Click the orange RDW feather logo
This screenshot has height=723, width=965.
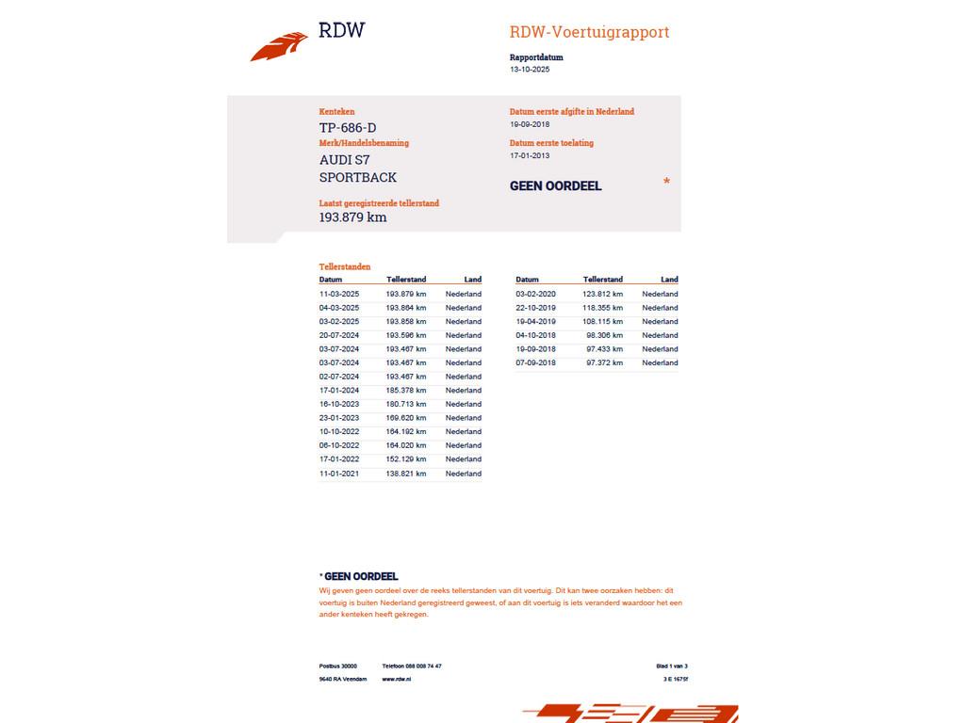pyautogui.click(x=279, y=46)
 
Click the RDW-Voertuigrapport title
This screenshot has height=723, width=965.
pyautogui.click(x=589, y=32)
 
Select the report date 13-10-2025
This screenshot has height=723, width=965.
pyautogui.click(x=530, y=70)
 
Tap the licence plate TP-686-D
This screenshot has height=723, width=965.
pyautogui.click(x=348, y=128)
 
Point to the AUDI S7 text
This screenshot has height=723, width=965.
pyautogui.click(x=345, y=160)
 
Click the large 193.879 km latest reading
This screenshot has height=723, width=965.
pyautogui.click(x=352, y=217)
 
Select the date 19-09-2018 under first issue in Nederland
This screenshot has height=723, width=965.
pyautogui.click(x=530, y=124)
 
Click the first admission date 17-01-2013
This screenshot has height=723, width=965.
pyautogui.click(x=530, y=156)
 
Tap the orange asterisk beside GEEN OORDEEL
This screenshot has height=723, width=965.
pyautogui.click(x=666, y=182)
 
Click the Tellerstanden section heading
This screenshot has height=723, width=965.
pyautogui.click(x=345, y=267)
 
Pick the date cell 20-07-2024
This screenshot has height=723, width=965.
pyautogui.click(x=339, y=335)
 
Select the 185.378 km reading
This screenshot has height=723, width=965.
pyautogui.click(x=406, y=390)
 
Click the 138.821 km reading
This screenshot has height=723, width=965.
pyautogui.click(x=406, y=474)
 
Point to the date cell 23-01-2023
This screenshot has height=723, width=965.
pyautogui.click(x=339, y=418)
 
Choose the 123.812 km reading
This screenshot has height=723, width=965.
pyautogui.click(x=602, y=294)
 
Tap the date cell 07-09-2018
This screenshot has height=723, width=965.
pyautogui.click(x=535, y=362)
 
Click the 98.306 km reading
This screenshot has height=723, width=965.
pyautogui.click(x=604, y=335)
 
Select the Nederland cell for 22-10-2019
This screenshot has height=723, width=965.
pyautogui.click(x=660, y=308)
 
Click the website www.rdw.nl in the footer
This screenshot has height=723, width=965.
pyautogui.click(x=397, y=679)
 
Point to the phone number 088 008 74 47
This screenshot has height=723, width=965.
pyautogui.click(x=423, y=666)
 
